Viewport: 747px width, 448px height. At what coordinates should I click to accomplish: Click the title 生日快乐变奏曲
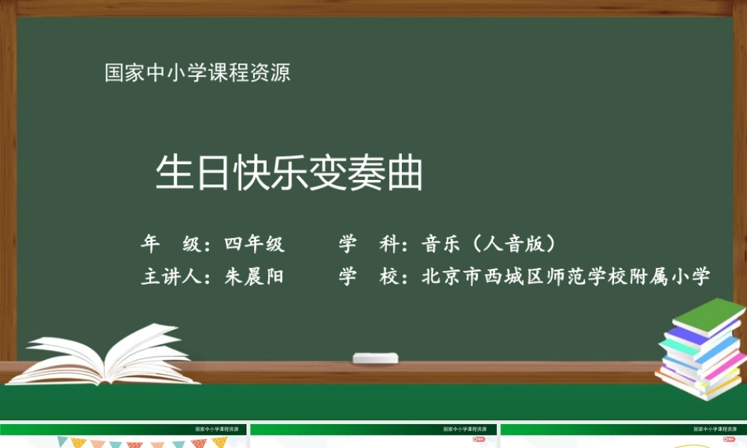click(x=289, y=174)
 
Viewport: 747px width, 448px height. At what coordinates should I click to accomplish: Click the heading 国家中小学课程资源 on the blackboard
click(x=197, y=73)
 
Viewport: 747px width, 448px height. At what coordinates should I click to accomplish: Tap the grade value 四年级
click(x=254, y=244)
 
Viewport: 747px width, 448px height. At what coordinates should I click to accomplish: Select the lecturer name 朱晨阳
click(x=254, y=277)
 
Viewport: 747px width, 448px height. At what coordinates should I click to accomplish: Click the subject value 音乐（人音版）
click(x=490, y=244)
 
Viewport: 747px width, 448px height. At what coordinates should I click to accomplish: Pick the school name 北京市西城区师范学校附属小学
click(x=565, y=277)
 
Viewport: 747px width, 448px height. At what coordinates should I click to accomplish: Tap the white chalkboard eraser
click(x=376, y=358)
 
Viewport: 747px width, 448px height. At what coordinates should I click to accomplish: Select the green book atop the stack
click(x=707, y=314)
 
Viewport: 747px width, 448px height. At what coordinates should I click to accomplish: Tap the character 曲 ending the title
click(x=406, y=174)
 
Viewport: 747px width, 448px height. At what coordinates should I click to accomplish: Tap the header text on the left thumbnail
click(x=220, y=429)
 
